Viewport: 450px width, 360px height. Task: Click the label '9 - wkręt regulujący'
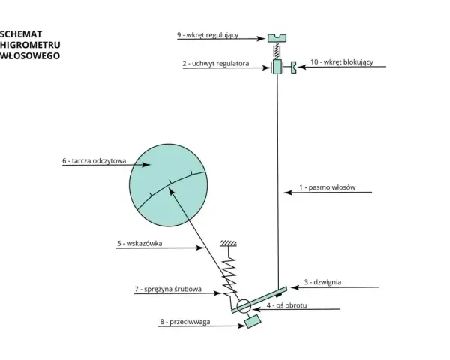tap(208, 35)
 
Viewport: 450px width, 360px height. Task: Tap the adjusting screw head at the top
tap(277, 38)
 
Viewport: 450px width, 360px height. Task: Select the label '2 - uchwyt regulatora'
tap(216, 64)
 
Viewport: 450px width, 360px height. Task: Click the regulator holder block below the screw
tap(277, 67)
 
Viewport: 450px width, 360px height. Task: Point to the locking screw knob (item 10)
tap(293, 67)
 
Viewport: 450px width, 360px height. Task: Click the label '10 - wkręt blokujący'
tap(342, 62)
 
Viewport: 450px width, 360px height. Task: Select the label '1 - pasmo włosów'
tap(328, 187)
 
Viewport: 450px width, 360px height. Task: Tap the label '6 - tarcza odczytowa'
tap(94, 161)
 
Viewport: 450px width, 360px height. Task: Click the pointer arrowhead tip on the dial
tap(169, 188)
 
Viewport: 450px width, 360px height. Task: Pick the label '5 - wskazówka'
tap(139, 244)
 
